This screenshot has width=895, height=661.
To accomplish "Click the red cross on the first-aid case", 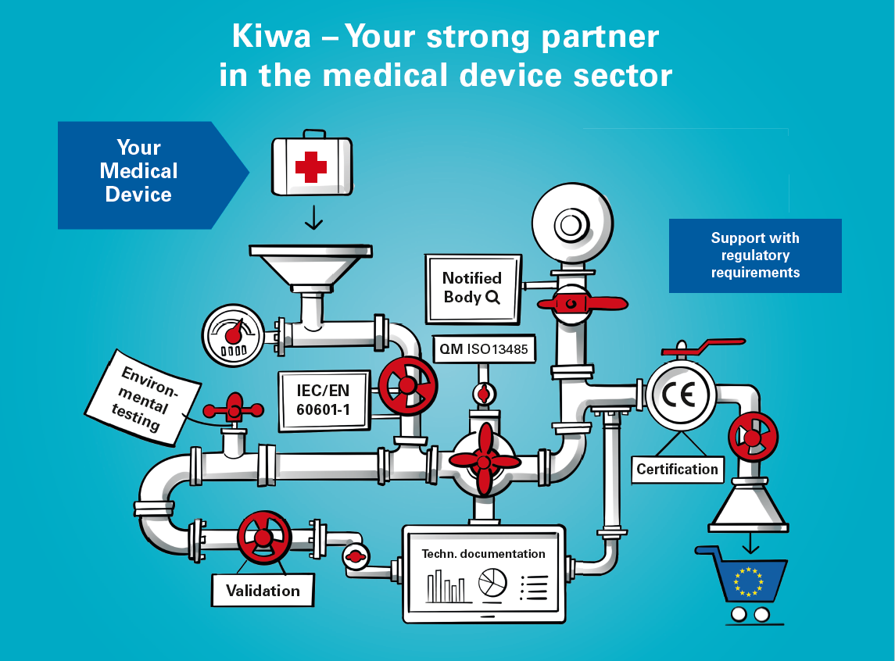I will coord(310,167).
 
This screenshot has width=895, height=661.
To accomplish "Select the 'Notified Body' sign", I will coord(472,288).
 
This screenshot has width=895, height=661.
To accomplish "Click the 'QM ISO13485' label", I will coord(485,349).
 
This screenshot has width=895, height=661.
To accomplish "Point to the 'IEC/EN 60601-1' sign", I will coord(323,399).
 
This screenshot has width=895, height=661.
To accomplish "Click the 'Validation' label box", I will coord(263,591).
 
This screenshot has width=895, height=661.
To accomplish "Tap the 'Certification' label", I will coord(677,469).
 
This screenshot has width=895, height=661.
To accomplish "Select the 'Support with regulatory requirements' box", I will coord(755,255).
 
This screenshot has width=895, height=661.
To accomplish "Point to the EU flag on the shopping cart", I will coord(748,582).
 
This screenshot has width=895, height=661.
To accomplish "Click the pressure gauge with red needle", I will coord(233,334).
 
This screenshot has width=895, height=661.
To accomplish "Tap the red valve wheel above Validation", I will coord(263,538).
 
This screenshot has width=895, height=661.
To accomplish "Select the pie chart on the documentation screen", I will coord(492,582).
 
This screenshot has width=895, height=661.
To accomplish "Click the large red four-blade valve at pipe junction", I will coord(485,460).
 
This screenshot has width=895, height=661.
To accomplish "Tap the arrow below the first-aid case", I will coord(313,218).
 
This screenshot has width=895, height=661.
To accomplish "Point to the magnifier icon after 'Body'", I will coord(492,298).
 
